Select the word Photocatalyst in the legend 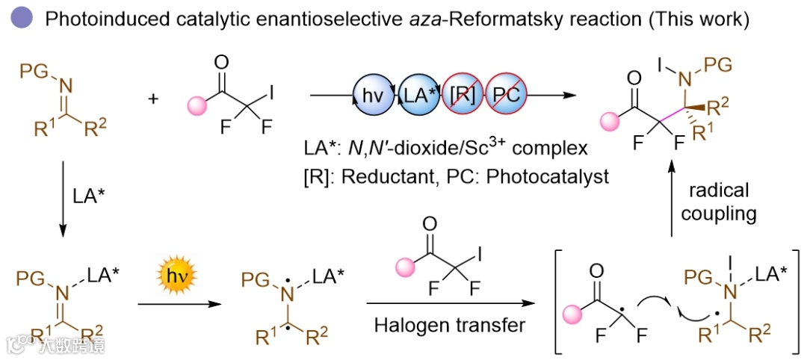[566, 176]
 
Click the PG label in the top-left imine [31, 72]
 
